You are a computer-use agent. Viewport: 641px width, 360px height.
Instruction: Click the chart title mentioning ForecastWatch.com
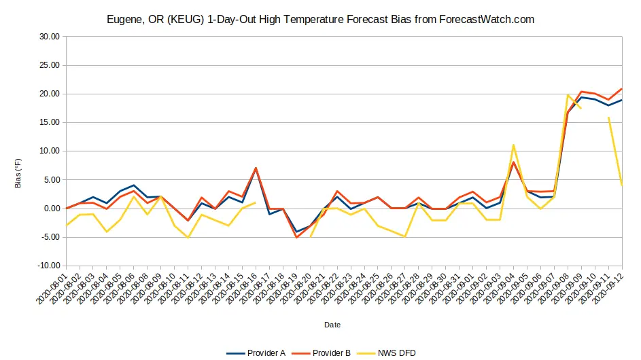[x=320, y=19]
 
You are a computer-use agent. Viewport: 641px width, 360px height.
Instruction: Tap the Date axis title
[x=332, y=325]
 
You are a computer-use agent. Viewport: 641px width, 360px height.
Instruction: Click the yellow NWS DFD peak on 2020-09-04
[x=513, y=145]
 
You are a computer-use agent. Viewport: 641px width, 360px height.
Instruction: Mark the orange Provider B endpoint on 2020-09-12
[x=621, y=89]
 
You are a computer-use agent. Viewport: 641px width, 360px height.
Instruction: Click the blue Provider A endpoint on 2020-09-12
[x=621, y=101]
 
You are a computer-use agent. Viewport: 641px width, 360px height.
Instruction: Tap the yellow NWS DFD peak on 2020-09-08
[x=568, y=95]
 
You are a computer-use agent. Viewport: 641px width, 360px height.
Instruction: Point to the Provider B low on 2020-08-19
[x=296, y=237]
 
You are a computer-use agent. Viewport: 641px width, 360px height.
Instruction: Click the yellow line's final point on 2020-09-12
[x=621, y=185]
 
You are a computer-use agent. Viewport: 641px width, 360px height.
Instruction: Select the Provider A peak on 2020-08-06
[x=134, y=185]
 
